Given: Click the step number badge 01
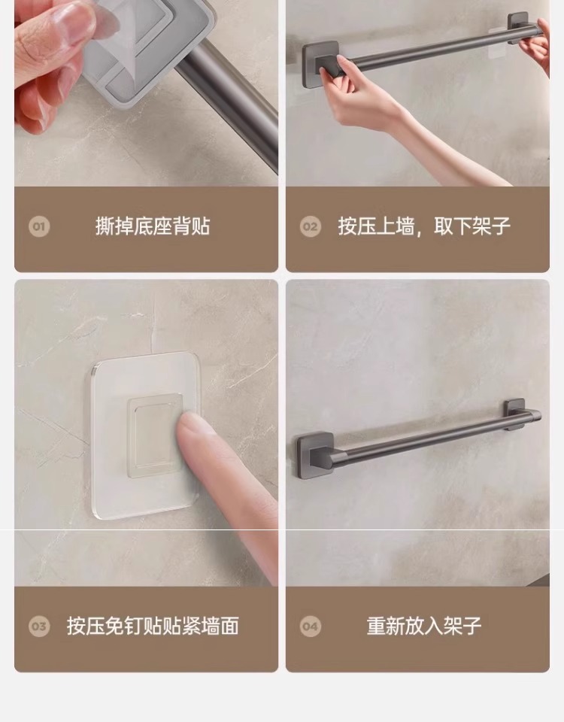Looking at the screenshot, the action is point(38,226).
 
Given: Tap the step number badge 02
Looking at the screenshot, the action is point(311,226).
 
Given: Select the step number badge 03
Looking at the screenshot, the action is point(38,626).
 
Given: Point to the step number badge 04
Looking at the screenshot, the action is point(311,626).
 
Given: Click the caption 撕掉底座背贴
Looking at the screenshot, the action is point(153,226).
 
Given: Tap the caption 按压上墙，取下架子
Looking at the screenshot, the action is point(424,226).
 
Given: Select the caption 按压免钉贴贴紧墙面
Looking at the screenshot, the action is point(153,626).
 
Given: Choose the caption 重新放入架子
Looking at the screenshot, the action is point(424,626).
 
